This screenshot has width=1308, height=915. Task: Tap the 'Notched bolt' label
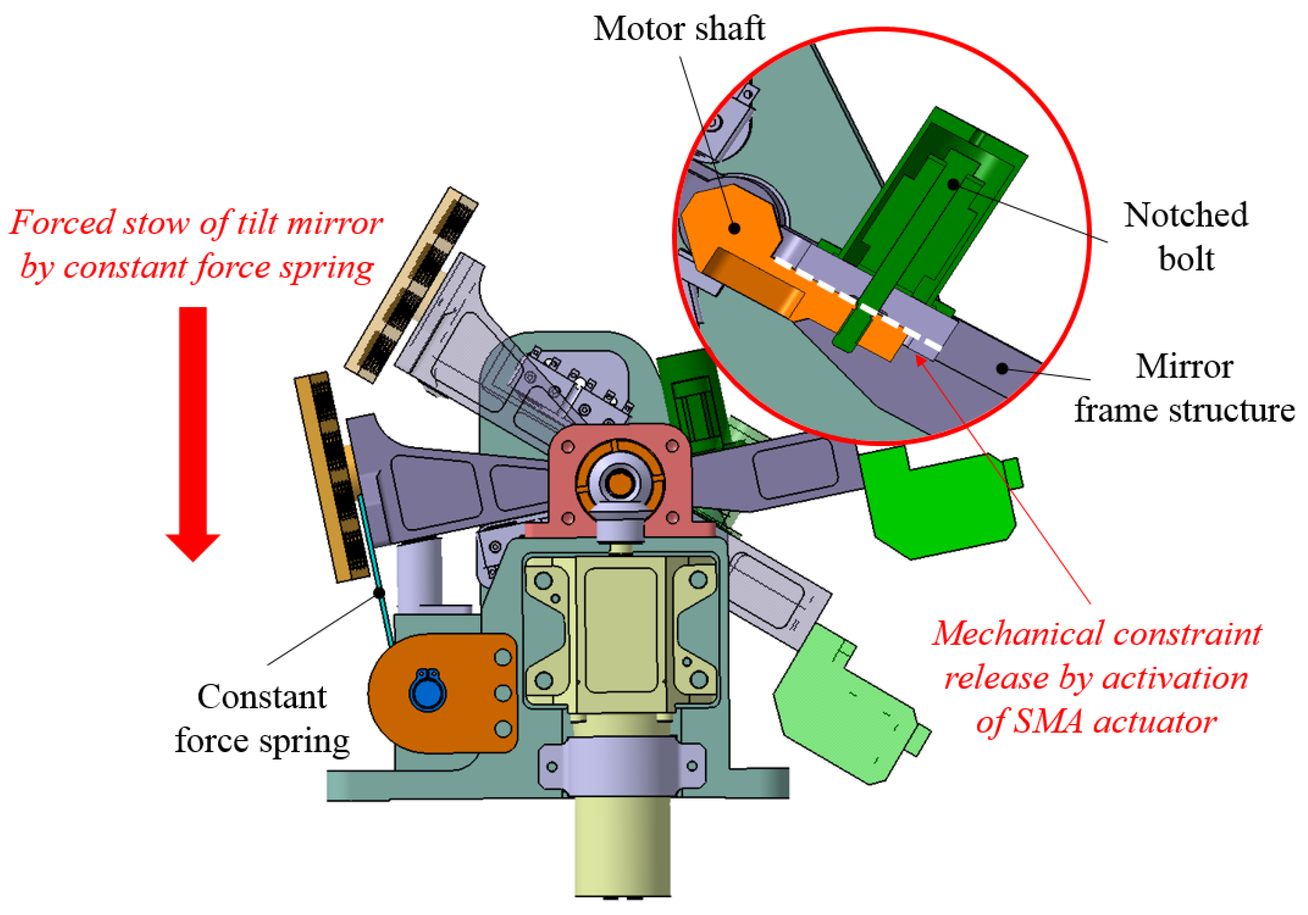coord(1185,236)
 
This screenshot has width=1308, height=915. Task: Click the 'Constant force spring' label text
coord(262,719)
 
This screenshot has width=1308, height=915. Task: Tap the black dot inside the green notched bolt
coord(953,184)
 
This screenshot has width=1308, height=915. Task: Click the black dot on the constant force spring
coord(378,593)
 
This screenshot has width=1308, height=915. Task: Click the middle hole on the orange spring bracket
coord(503,693)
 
